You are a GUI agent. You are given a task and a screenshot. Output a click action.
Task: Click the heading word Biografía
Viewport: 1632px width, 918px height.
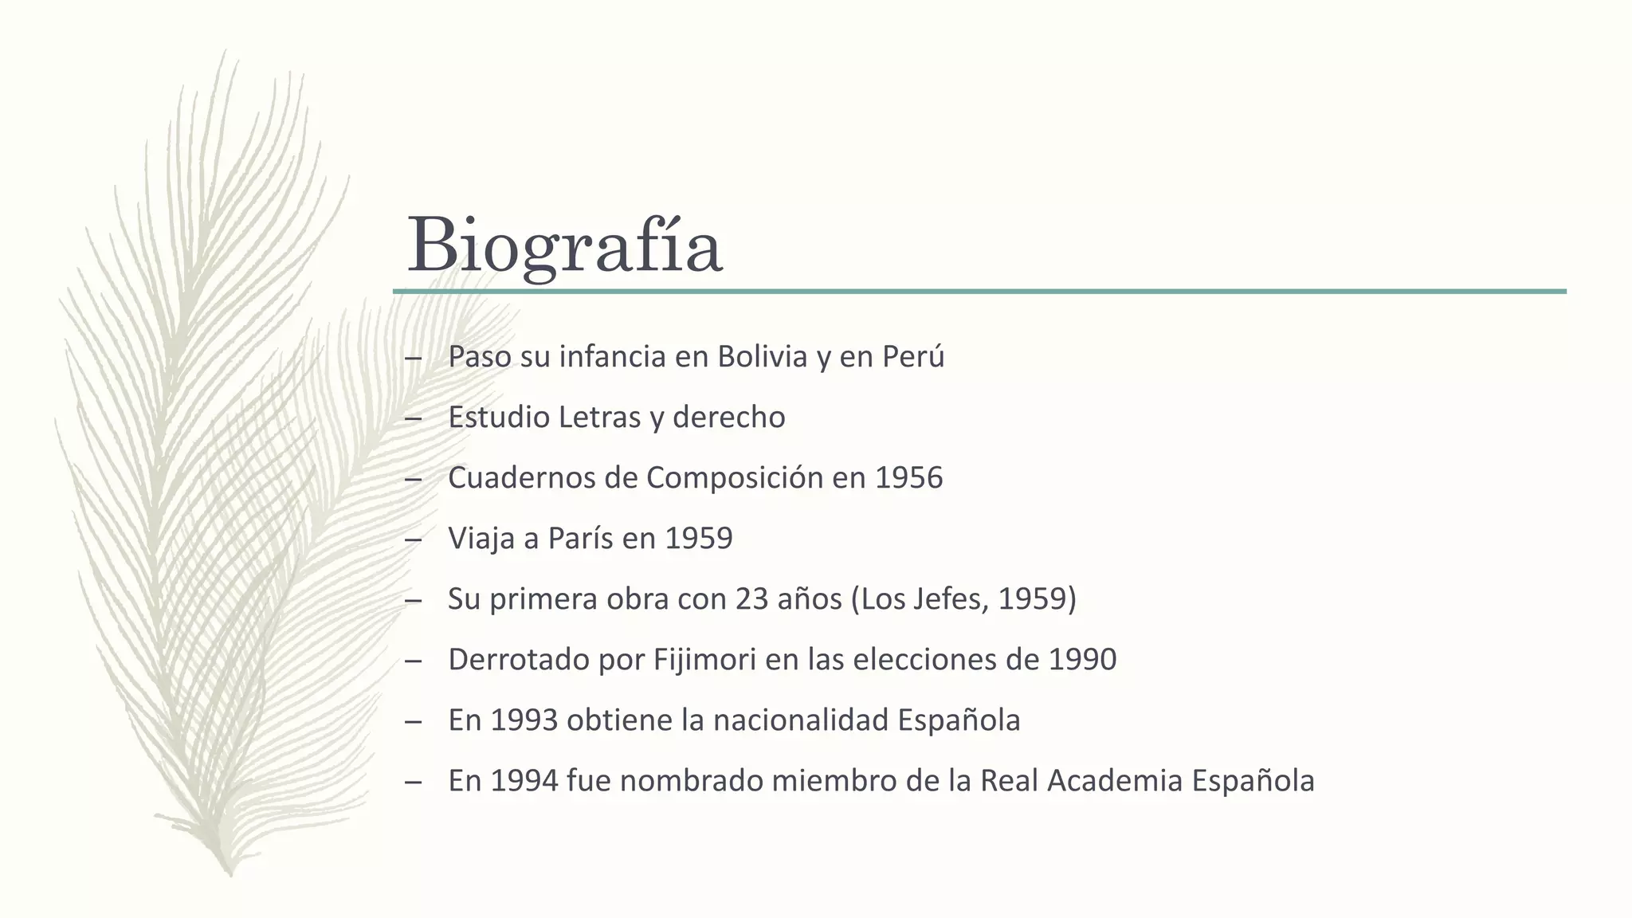564,245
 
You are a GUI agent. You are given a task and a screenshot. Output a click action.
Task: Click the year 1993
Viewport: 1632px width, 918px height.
524,720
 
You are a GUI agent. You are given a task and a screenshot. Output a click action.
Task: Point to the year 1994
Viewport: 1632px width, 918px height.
524,781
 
